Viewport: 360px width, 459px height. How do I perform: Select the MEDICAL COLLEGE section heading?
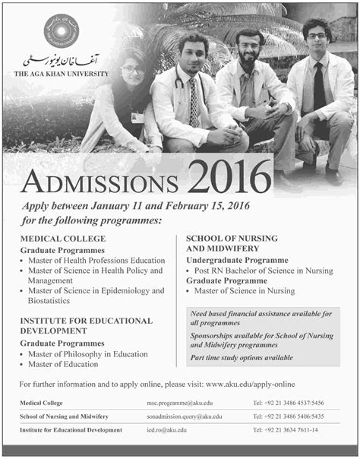point(62,239)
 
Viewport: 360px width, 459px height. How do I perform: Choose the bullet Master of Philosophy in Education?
point(92,354)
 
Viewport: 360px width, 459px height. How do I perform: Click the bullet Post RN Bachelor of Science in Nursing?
point(264,270)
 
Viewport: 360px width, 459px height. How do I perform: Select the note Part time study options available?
point(243,358)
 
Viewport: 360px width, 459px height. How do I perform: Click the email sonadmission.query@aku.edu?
point(185,416)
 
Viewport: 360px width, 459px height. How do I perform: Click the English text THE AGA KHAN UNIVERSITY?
point(60,74)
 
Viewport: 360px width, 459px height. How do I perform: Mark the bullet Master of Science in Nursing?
point(245,291)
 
